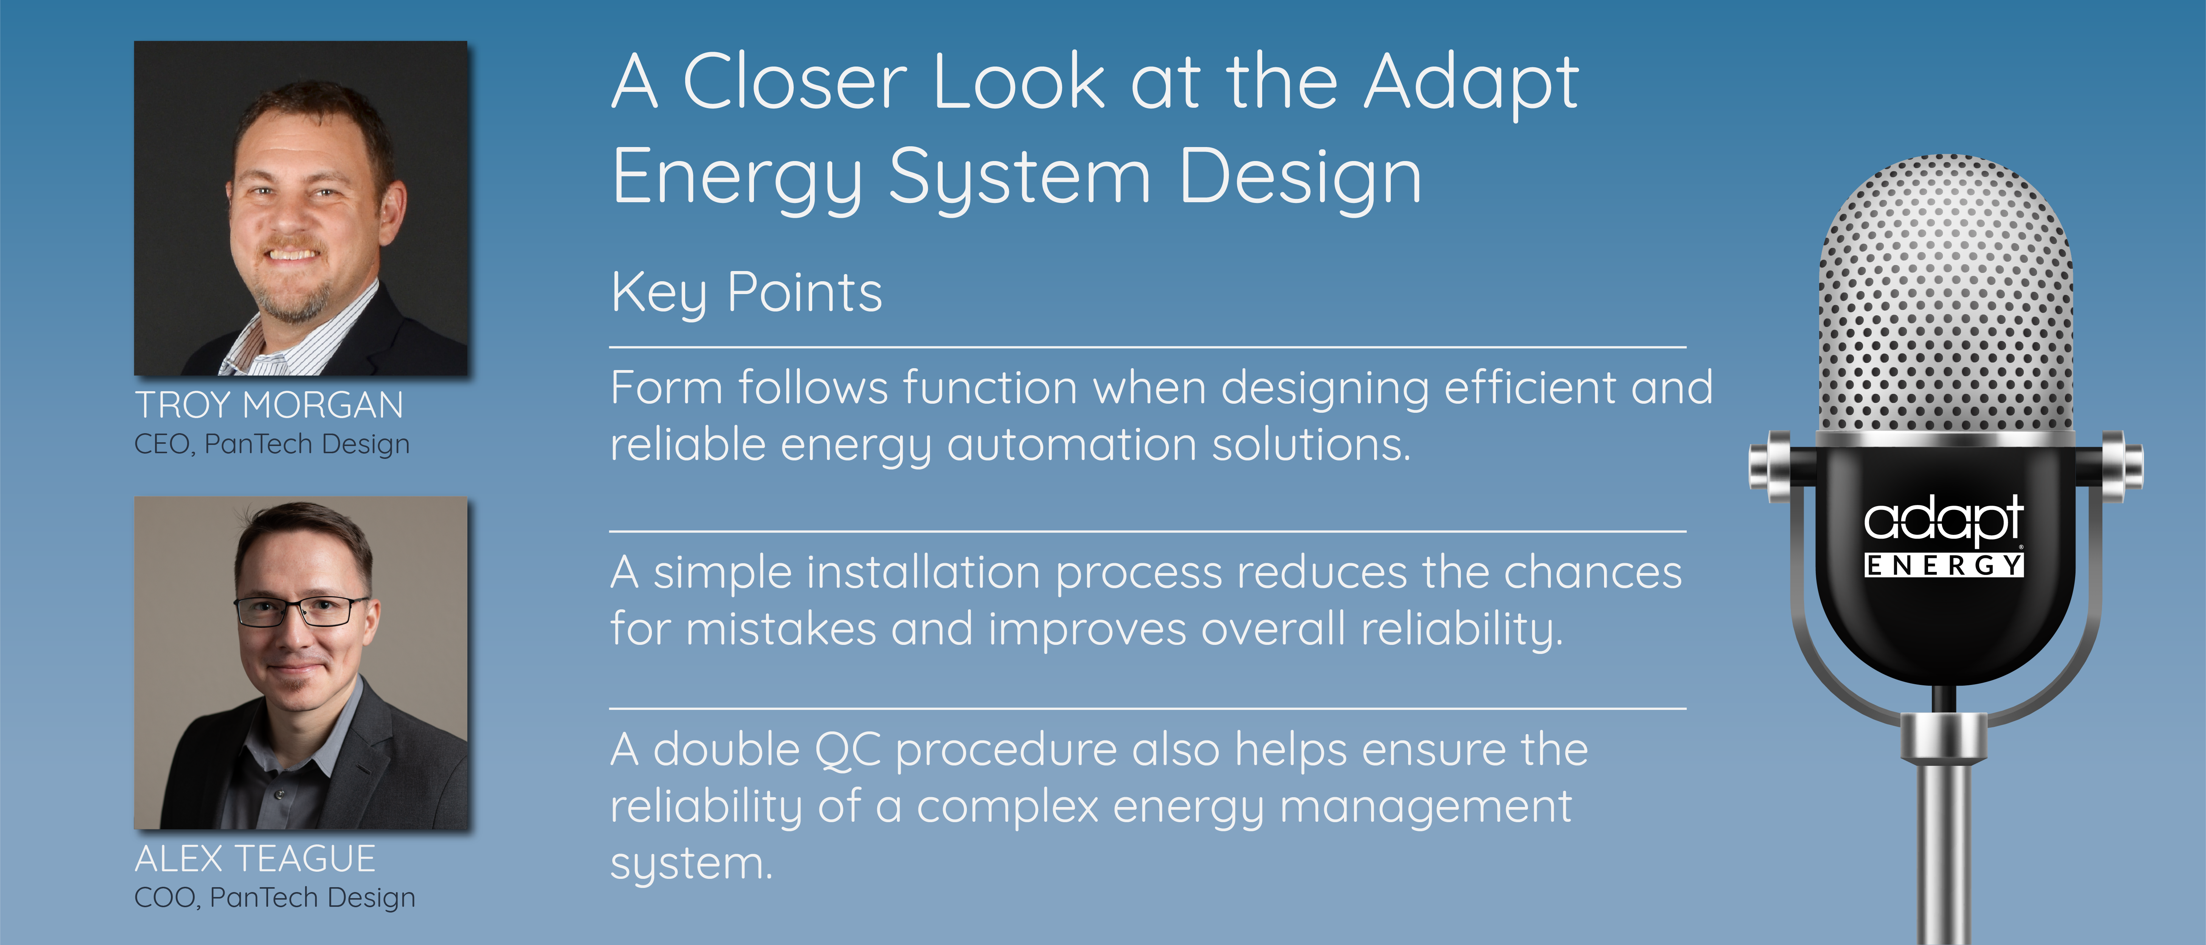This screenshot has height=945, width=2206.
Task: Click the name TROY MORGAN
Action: (x=269, y=405)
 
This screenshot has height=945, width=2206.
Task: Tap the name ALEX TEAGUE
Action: (x=255, y=858)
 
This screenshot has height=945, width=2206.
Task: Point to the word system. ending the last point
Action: (x=691, y=864)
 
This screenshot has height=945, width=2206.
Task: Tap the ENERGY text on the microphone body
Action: (x=1944, y=565)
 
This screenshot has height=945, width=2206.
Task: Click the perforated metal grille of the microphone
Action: (x=1946, y=295)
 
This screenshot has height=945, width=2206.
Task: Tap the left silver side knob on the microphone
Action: (x=1769, y=462)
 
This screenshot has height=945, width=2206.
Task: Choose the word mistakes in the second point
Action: (x=781, y=629)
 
